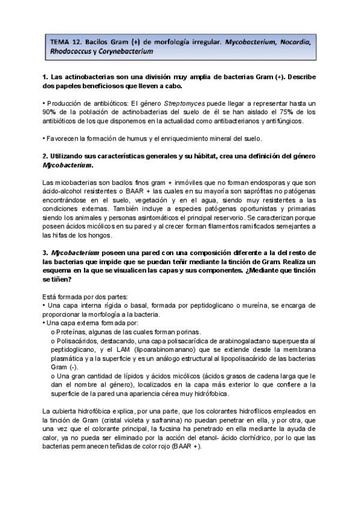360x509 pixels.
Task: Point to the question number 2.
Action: pos(46,155)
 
